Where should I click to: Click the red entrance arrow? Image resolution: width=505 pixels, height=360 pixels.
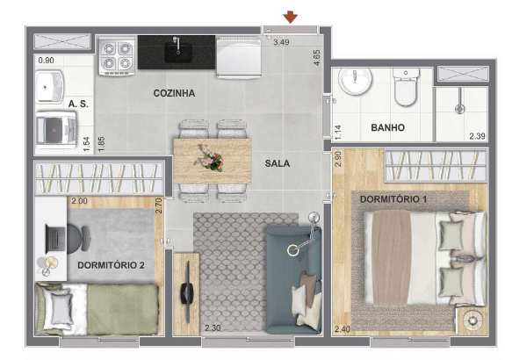click(x=290, y=17)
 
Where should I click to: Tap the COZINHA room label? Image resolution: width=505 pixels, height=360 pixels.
click(x=174, y=93)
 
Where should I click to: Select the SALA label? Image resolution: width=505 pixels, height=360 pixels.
click(x=278, y=163)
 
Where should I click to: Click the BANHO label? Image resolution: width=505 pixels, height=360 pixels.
click(x=388, y=128)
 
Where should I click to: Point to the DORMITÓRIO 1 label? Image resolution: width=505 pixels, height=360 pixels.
click(x=393, y=199)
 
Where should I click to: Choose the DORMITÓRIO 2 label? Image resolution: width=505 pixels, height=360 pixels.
click(x=111, y=265)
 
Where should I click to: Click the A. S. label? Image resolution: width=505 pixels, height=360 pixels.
click(x=78, y=104)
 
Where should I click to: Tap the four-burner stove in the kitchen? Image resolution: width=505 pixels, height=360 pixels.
click(x=116, y=56)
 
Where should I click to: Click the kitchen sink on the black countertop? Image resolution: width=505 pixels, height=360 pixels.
click(x=178, y=51)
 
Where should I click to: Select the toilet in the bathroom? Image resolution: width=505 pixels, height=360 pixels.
click(x=406, y=87)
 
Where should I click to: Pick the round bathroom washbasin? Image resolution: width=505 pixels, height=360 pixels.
click(x=355, y=81)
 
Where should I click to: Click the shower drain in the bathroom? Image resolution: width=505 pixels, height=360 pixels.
click(x=460, y=109)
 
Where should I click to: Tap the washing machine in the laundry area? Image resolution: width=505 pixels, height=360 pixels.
click(x=55, y=130)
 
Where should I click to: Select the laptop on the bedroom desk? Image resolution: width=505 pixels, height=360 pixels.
click(x=56, y=239)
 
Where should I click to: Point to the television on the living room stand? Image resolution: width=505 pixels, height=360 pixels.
click(x=186, y=292)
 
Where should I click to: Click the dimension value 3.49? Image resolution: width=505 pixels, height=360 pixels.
click(x=281, y=42)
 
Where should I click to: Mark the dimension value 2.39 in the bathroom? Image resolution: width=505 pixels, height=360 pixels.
click(x=477, y=136)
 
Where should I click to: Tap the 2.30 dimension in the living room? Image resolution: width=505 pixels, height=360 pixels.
click(x=213, y=328)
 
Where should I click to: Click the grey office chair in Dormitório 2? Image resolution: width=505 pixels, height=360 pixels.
click(x=79, y=238)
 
